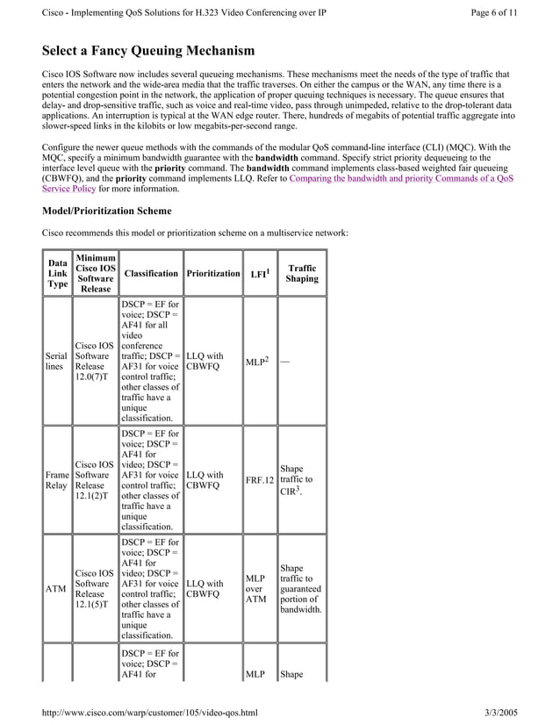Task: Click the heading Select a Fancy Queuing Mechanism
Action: [148, 51]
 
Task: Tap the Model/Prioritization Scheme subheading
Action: [107, 212]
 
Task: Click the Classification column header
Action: [151, 274]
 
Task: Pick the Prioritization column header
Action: [212, 274]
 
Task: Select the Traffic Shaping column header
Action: [302, 274]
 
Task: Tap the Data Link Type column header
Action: [57, 274]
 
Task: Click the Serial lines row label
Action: [57, 362]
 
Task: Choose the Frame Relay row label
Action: [57, 481]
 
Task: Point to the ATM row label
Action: [56, 589]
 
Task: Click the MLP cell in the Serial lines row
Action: [258, 362]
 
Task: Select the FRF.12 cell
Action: [260, 481]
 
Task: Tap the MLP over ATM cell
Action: [255, 589]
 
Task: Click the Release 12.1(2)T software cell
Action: [93, 481]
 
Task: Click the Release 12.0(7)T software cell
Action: [93, 362]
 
